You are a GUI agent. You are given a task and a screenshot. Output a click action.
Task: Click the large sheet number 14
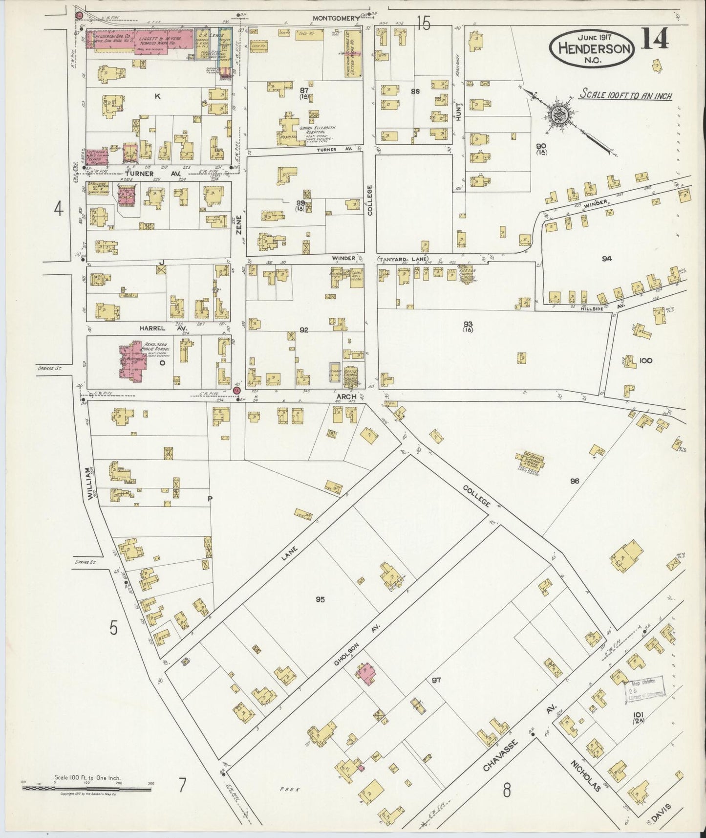[x=655, y=39]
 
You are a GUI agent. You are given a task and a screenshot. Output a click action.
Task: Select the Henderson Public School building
[x=131, y=361]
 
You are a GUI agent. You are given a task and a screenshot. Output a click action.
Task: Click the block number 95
[x=320, y=599]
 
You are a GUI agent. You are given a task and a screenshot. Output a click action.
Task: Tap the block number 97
[x=436, y=680]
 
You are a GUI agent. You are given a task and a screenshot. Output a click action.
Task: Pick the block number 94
[x=606, y=259]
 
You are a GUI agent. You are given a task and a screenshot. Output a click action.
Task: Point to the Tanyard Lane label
[x=394, y=259]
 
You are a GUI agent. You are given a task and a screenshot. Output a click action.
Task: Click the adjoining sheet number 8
[x=507, y=790]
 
